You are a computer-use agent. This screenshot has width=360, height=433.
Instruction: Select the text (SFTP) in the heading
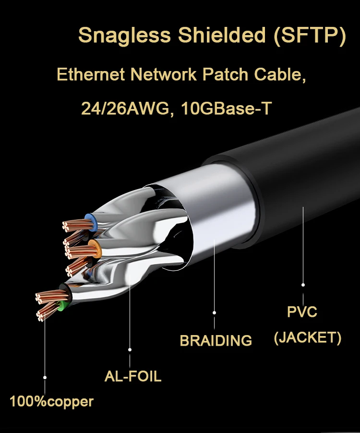coord(310,36)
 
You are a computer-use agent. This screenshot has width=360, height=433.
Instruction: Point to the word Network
coord(162,75)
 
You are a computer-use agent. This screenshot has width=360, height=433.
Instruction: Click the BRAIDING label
coord(216,340)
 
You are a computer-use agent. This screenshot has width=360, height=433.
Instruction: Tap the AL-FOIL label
coord(133,376)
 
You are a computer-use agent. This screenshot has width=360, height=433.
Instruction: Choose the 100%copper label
coord(52,401)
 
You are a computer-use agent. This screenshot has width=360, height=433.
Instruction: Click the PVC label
coord(302,312)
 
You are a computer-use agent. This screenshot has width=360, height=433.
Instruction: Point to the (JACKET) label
coord(308,337)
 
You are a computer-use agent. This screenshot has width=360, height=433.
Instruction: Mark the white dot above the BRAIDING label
coord(215,313)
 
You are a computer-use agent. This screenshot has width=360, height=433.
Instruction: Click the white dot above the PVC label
coord(303,285)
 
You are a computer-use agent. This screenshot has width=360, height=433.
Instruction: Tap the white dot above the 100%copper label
coord(45,378)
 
